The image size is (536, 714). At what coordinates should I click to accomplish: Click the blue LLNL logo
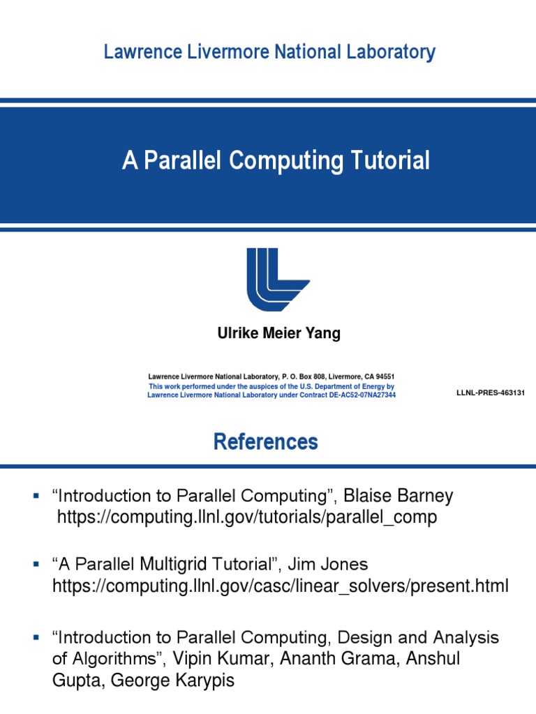coord(277,279)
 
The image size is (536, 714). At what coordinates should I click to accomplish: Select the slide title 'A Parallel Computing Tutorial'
coord(276,161)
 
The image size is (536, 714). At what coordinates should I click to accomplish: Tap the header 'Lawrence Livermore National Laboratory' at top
coord(269,52)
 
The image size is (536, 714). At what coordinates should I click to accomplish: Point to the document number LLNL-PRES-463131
coord(489,393)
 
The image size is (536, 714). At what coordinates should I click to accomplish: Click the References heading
coord(266,442)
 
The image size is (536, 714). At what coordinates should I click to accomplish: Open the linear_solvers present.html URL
coord(281,586)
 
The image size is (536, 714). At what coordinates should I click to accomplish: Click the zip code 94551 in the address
coord(384,377)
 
